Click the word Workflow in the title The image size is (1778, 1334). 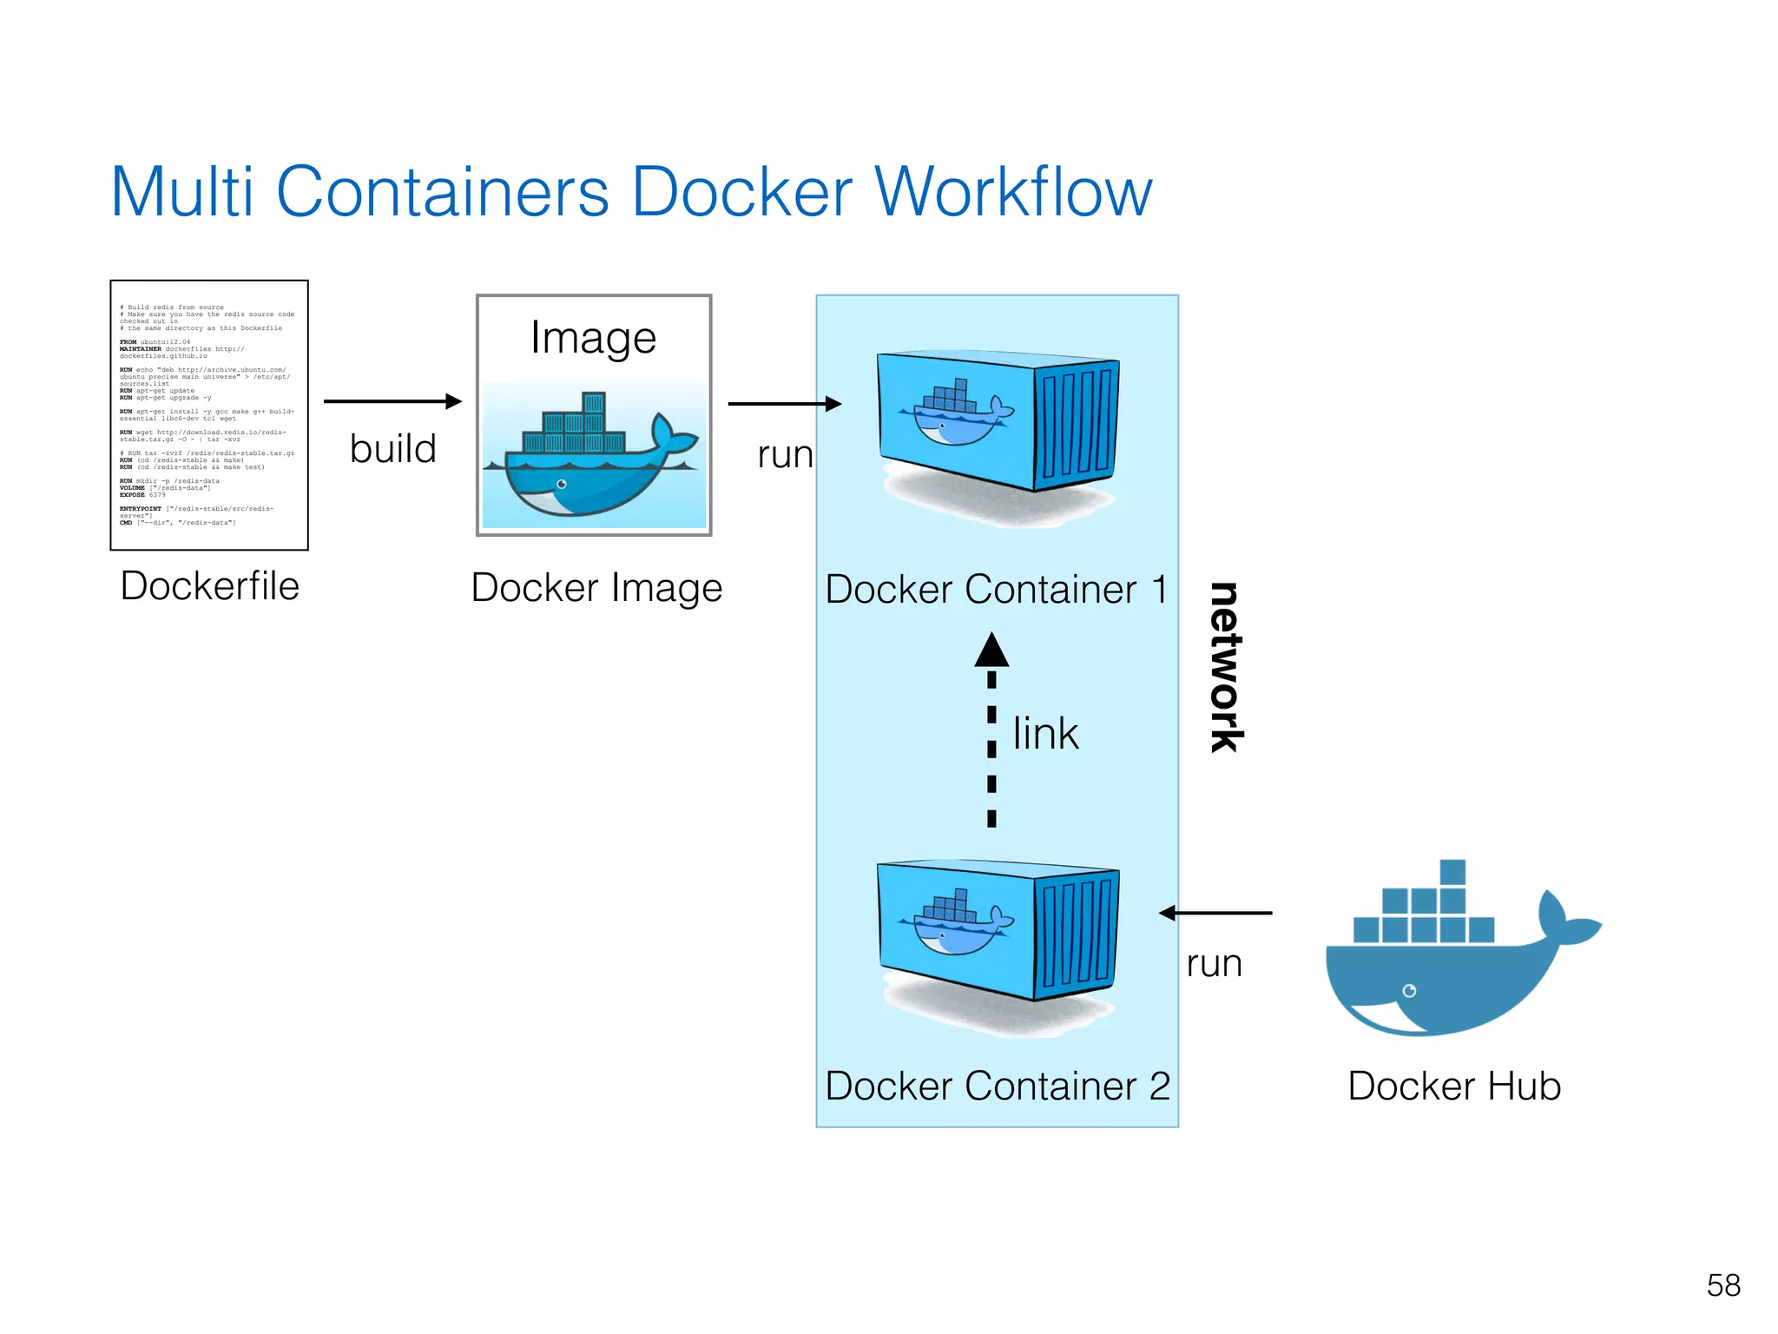click(1013, 192)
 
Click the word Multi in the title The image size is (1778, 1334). click(182, 192)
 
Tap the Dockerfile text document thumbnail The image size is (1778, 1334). click(209, 415)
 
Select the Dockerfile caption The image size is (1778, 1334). click(210, 586)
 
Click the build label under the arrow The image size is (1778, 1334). click(392, 449)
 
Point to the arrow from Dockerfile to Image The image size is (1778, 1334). click(392, 401)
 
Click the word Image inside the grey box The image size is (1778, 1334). click(594, 338)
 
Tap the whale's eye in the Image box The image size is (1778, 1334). click(562, 484)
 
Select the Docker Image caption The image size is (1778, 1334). click(596, 588)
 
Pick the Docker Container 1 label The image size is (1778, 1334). click(996, 590)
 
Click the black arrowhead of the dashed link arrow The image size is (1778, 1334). click(991, 650)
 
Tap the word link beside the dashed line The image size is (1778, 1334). click(1045, 734)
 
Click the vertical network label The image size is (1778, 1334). click(1226, 667)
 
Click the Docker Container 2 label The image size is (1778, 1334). click(998, 1086)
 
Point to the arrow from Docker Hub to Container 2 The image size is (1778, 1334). click(1215, 913)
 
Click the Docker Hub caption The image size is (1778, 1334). click(1454, 1086)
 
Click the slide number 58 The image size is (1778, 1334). click(1723, 1285)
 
